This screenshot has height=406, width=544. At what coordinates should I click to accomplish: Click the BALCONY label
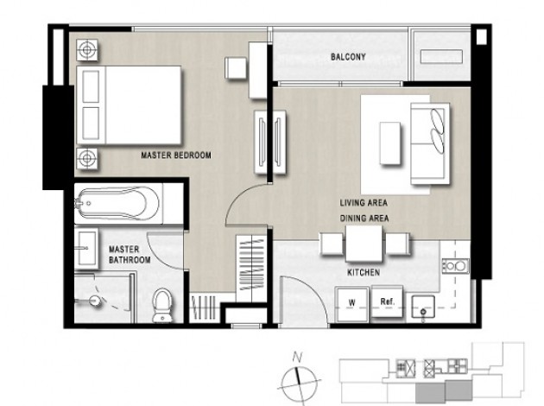pos(348,57)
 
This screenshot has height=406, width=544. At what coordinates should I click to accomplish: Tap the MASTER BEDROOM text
pos(176,155)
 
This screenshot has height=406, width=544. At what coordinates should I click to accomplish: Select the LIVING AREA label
pos(364,203)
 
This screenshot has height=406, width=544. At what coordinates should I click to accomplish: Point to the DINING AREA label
pos(364,219)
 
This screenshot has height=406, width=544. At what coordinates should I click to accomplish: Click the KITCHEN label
pos(364,272)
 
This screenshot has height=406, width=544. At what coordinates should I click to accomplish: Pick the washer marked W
pos(351,304)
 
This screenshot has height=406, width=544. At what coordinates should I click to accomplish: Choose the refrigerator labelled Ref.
pos(387,301)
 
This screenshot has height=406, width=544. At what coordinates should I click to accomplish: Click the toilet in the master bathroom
pos(162,306)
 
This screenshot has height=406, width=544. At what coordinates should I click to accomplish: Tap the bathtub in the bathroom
pos(118,204)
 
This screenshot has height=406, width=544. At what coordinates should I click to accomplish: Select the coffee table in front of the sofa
pos(390,143)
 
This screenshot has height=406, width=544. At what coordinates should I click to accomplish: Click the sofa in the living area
pos(430,143)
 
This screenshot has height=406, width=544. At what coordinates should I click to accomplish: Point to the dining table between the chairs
pos(364,244)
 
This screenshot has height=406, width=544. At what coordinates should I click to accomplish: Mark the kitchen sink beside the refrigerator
pos(423,307)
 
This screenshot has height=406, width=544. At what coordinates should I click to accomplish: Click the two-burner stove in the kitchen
pos(456,266)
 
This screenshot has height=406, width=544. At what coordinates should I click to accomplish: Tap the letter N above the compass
pos(297,357)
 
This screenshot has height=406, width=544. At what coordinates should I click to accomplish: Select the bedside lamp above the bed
pos(86,50)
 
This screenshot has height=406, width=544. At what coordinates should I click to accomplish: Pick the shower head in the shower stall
pos(94,300)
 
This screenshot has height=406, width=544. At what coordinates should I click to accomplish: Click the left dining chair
pos(332,244)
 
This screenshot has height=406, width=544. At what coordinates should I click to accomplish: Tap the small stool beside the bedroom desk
pos(236,68)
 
